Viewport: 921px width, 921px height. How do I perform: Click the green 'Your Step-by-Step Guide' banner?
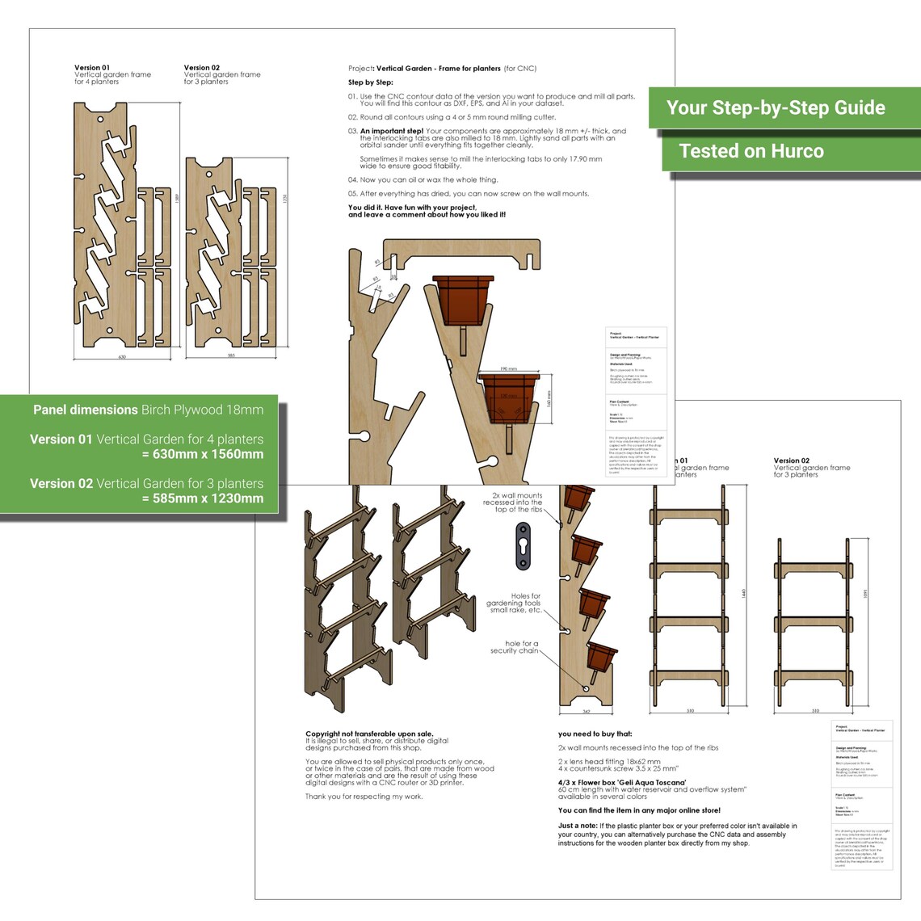tap(776, 108)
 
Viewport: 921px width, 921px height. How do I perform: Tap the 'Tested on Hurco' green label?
tap(751, 151)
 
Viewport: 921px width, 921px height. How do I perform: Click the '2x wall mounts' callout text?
tap(516, 503)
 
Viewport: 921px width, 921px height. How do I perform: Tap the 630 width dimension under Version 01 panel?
tap(122, 356)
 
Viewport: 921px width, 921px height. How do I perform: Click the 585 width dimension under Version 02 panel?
tap(231, 355)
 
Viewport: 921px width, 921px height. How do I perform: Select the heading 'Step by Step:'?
tap(371, 82)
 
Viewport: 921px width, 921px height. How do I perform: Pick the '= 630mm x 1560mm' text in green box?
tap(202, 454)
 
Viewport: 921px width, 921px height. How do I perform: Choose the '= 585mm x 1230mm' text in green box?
tap(202, 498)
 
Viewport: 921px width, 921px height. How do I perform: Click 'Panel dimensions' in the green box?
tap(86, 410)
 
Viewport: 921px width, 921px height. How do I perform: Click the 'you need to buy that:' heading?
tap(595, 734)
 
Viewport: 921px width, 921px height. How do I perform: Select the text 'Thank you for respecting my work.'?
tap(364, 797)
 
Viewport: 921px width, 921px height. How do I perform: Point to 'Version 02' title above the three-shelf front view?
tap(791, 460)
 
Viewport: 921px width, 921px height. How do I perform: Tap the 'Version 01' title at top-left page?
tap(91, 68)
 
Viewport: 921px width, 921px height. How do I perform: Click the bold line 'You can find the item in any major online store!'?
tap(639, 810)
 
